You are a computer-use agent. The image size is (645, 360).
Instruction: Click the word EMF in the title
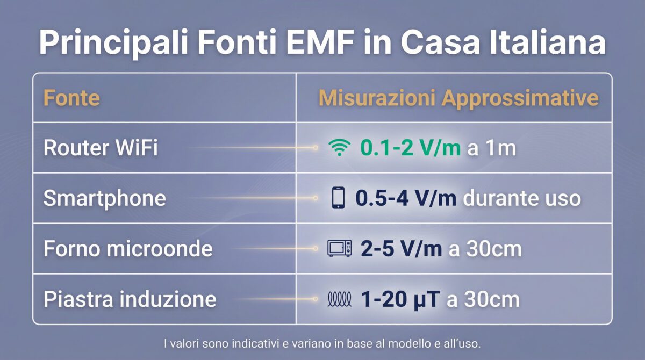(316, 43)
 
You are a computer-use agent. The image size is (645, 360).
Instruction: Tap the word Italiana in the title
(549, 43)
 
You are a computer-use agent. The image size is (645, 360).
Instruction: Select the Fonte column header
(71, 98)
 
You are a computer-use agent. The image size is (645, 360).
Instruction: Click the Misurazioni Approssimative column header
(458, 98)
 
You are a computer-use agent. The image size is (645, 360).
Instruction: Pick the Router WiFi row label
(101, 148)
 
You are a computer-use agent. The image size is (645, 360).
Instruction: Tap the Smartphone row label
(104, 198)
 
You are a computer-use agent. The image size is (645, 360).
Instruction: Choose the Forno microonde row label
(128, 249)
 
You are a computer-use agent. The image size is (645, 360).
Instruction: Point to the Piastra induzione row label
(130, 299)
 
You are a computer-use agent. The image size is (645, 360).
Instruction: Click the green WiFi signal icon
(338, 149)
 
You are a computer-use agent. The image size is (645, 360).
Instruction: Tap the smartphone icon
(338, 199)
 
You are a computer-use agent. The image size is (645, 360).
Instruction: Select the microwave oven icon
(339, 249)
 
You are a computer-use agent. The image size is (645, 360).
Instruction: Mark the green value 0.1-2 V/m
(410, 148)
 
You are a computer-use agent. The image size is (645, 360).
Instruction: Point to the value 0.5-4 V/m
(406, 198)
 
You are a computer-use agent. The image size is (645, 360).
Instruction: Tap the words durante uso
(521, 198)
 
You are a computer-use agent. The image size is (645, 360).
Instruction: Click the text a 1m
(492, 148)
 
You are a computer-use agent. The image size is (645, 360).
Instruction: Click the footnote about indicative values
(322, 342)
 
